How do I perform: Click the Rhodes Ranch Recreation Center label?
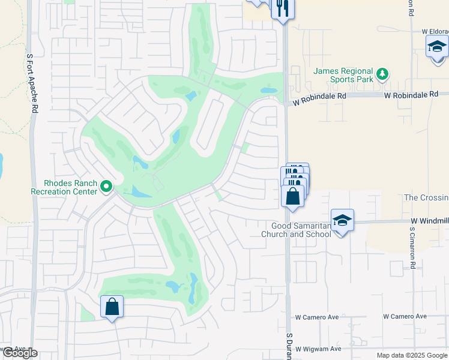(x=64, y=187)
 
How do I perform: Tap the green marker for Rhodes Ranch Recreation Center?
(x=106, y=187)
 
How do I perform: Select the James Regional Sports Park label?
(x=343, y=76)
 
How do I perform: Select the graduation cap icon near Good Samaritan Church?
(x=342, y=220)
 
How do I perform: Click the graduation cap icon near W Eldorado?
(x=437, y=46)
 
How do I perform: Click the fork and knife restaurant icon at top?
(x=282, y=8)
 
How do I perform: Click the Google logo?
(x=20, y=353)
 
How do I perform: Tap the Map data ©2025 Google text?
(x=412, y=355)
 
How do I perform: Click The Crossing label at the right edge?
(x=426, y=198)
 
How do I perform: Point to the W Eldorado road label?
(x=435, y=31)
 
